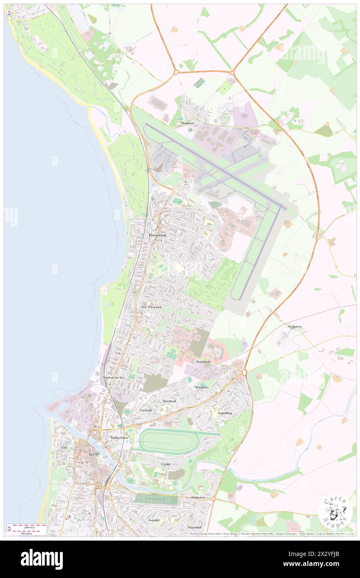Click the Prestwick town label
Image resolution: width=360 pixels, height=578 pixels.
[158, 235]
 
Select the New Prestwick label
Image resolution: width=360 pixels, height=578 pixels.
[151, 307]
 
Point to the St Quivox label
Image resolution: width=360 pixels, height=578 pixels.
[295, 327]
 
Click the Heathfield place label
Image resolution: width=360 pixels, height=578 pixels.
[203, 362]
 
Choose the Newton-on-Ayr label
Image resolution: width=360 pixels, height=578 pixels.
[113, 378]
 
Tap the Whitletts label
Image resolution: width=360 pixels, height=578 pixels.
[202, 387]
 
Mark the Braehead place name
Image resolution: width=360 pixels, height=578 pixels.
[170, 401]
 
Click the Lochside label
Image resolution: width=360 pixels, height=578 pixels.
[146, 410]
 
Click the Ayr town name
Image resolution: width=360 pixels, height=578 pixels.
[92, 454]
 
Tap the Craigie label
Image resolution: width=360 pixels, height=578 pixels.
[165, 464]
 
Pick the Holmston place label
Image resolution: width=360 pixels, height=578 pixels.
[198, 497]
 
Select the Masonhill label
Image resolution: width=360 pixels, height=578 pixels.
[194, 527]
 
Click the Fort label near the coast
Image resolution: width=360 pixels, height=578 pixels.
[64, 447]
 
